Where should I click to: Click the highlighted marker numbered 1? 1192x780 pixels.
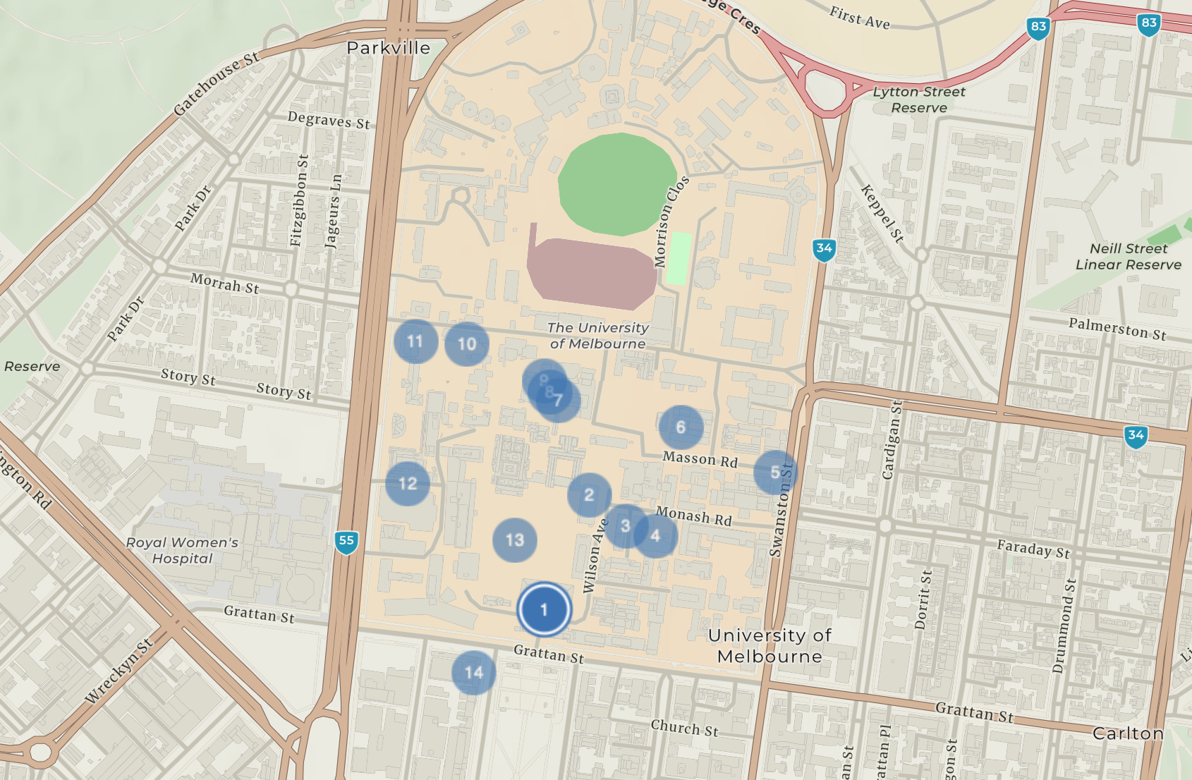click(544, 609)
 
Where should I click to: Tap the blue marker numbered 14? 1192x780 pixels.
click(473, 673)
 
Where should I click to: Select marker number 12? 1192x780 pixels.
click(408, 484)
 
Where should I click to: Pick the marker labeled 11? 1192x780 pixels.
click(415, 341)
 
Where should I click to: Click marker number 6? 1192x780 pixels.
click(681, 427)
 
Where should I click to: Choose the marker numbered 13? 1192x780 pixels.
click(515, 540)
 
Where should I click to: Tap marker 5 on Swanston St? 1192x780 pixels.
click(775, 472)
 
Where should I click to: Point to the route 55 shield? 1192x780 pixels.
click(346, 542)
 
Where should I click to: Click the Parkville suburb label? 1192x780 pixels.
click(389, 48)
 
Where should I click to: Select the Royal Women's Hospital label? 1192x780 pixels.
click(182, 550)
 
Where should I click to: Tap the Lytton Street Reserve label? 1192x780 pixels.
click(919, 99)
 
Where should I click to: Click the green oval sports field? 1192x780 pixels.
click(617, 183)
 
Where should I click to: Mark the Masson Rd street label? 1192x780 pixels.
click(700, 459)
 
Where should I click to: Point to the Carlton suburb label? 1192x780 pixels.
click(1128, 733)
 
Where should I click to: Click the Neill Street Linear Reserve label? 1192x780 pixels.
click(1128, 257)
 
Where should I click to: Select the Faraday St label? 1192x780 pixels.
click(1033, 549)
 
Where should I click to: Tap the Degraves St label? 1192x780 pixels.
click(328, 120)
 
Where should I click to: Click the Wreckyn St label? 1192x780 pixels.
click(118, 671)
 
